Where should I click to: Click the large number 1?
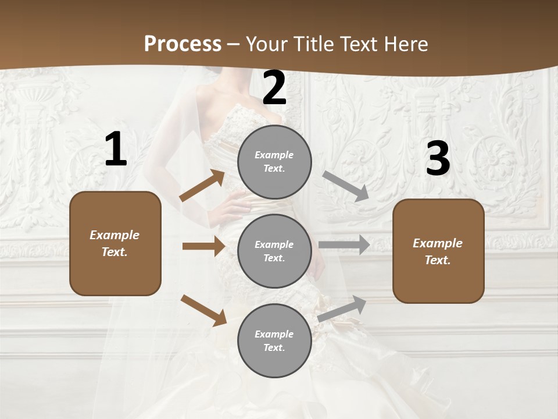pos(116,150)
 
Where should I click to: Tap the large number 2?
pos(274,88)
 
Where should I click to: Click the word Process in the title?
pos(183,44)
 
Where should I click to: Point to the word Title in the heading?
pos(313,44)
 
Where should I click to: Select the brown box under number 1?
pos(115,243)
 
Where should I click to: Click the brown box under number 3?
pos(438,251)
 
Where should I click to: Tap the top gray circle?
pos(274,162)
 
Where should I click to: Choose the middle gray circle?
pos(274,251)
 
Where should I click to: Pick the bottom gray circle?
pos(274,340)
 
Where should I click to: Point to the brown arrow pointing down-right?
pos(204,310)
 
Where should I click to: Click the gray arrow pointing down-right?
pos(346,186)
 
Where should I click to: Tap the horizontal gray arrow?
pos(344,245)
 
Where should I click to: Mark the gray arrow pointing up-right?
pos(342,308)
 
